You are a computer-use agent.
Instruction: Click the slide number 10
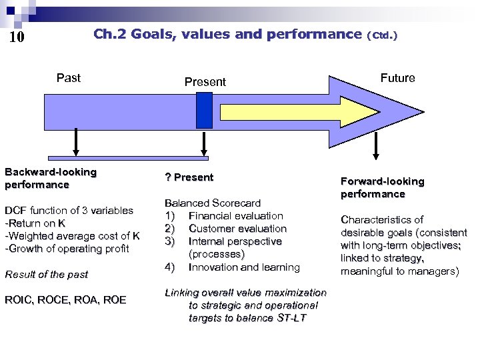17,37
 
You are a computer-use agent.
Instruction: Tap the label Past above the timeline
69,78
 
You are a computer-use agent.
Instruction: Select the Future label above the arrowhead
397,78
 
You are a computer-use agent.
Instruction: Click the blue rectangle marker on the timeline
205,110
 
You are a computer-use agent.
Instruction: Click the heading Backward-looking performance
51,178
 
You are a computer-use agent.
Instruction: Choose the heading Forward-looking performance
382,187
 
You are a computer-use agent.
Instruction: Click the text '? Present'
189,177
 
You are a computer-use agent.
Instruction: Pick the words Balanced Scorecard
212,203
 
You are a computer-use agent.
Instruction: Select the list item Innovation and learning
244,267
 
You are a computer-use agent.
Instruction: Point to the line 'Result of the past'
46,274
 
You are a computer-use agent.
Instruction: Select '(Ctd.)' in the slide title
382,35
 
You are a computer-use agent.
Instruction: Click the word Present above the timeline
205,82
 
